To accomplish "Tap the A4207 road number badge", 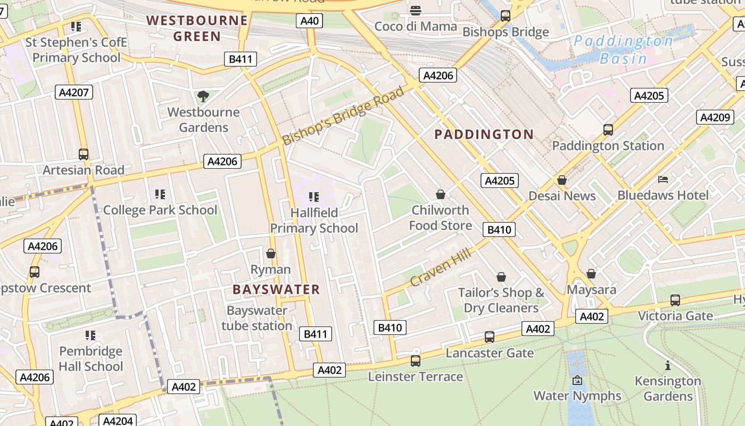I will [x=74, y=92].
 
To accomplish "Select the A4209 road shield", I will [x=715, y=117].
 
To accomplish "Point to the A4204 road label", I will [x=118, y=421].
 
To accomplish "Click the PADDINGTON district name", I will [x=484, y=134].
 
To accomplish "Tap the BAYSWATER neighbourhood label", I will [x=276, y=290].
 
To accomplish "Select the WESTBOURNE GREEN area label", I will [x=197, y=28].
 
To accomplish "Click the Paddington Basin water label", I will [x=623, y=50].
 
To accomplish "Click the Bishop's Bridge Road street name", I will [x=343, y=116].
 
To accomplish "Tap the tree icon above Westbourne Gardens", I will [x=203, y=96].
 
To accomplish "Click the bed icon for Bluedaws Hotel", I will [x=663, y=179].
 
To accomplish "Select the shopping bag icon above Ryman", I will [x=271, y=253].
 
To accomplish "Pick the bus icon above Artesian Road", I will [x=84, y=154].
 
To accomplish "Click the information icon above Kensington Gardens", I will [x=668, y=365].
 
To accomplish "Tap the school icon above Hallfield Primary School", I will [x=314, y=197].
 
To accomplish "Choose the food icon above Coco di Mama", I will [x=416, y=10].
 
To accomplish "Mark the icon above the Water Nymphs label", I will [x=577, y=380].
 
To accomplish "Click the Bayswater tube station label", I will [x=257, y=318].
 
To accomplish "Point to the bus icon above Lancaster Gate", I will [x=490, y=337].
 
